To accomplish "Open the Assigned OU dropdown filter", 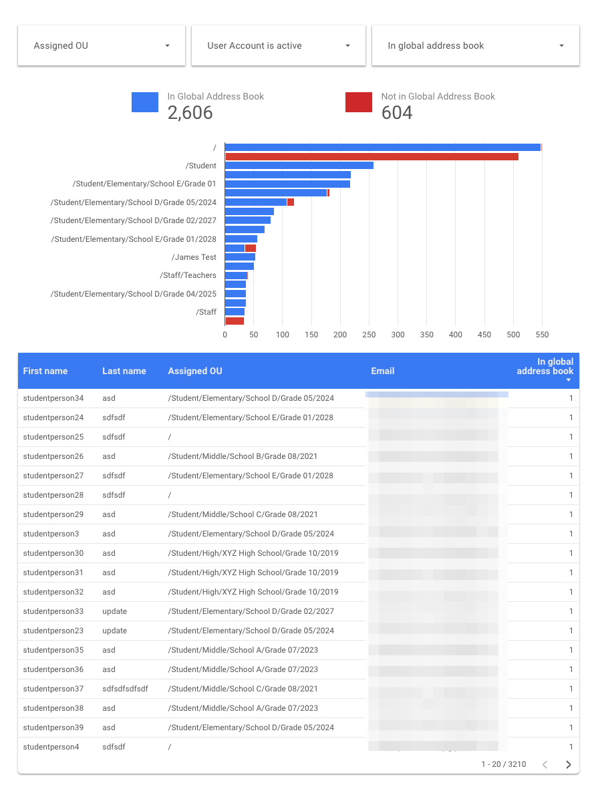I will coord(101,46).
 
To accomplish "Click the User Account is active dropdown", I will coord(278,46).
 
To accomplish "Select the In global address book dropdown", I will coord(475,46).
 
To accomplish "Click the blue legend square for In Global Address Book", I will coord(145,102).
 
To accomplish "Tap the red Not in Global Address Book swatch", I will coord(359,102).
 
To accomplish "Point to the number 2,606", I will coord(190,113).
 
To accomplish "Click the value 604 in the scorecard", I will coord(397,113).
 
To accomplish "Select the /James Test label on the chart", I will coord(194,257).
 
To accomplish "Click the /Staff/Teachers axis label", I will coord(188,275).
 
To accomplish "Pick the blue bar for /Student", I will coord(299,166).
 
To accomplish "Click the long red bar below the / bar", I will coord(371,156).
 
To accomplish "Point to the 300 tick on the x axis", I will coord(398,334).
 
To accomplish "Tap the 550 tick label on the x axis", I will coord(542,334).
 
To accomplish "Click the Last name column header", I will coord(124,371).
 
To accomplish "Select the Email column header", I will coord(383,371).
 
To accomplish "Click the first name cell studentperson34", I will coord(53,398).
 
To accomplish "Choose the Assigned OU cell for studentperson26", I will coord(243,456).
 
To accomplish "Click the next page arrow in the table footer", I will coord(569,764).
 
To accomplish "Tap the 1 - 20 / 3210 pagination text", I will coord(504,764).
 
